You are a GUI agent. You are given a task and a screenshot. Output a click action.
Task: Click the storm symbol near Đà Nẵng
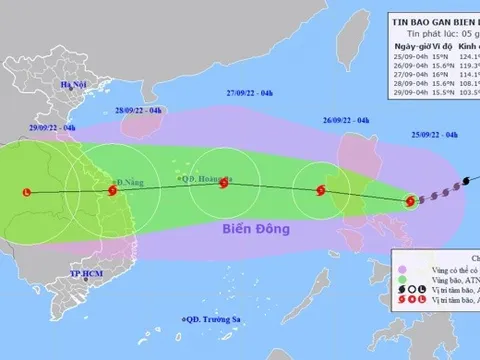tap(110, 190)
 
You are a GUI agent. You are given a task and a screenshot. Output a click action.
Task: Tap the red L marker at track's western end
tap(27, 191)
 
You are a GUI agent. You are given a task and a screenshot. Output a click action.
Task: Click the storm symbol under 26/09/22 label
tap(320, 189)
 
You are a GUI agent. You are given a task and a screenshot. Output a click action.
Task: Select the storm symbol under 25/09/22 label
tap(408, 201)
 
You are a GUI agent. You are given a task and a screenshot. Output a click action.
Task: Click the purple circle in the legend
tap(403, 269)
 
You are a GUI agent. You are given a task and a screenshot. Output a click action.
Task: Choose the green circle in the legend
tap(403, 285)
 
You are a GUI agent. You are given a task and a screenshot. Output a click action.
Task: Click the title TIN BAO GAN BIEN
tap(431, 19)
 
